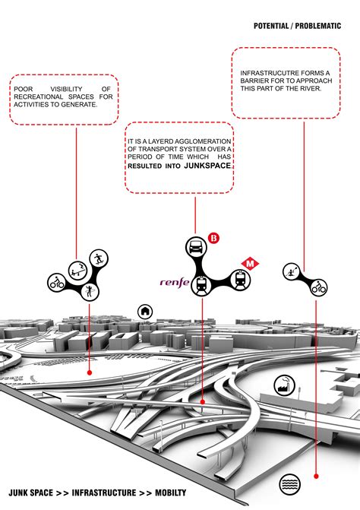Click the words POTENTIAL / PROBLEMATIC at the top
point(298,26)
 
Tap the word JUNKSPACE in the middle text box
point(207,164)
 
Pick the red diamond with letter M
point(249,265)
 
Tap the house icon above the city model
point(144,311)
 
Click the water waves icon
point(289,483)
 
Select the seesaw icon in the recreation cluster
point(77,268)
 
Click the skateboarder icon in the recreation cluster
point(97,258)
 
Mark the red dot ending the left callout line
point(90,372)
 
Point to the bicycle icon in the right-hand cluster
point(317,287)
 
